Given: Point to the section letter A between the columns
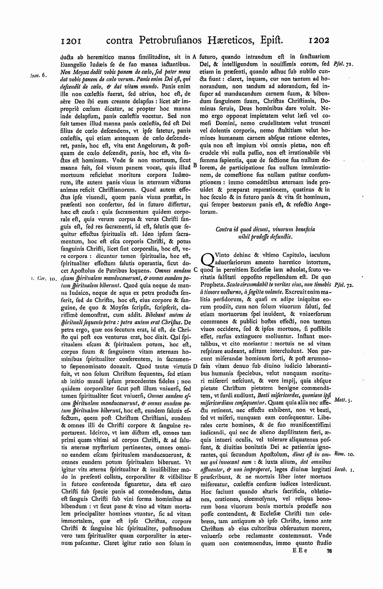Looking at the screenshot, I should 194,57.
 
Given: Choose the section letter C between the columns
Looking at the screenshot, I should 195,270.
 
